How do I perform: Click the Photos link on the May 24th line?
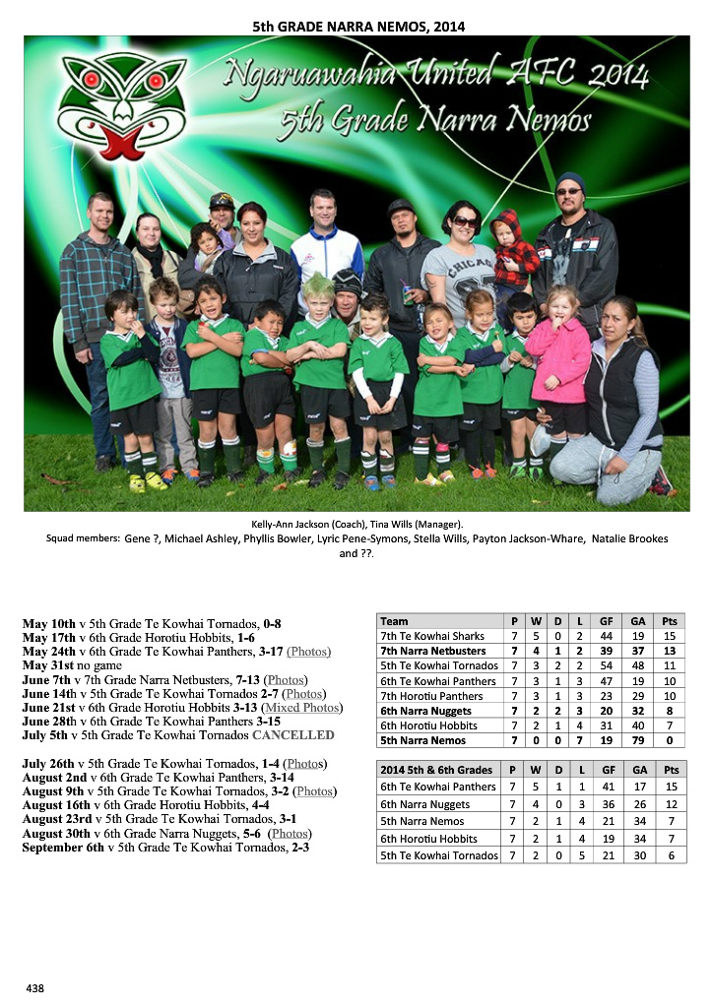click(308, 652)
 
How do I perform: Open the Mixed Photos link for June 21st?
click(302, 707)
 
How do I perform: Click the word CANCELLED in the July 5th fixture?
click(292, 734)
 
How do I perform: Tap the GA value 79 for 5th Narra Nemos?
click(637, 740)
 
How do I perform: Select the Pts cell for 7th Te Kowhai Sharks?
click(670, 636)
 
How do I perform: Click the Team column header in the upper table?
click(395, 621)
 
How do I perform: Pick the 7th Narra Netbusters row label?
click(433, 651)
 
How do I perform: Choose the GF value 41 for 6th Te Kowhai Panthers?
click(607, 787)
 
